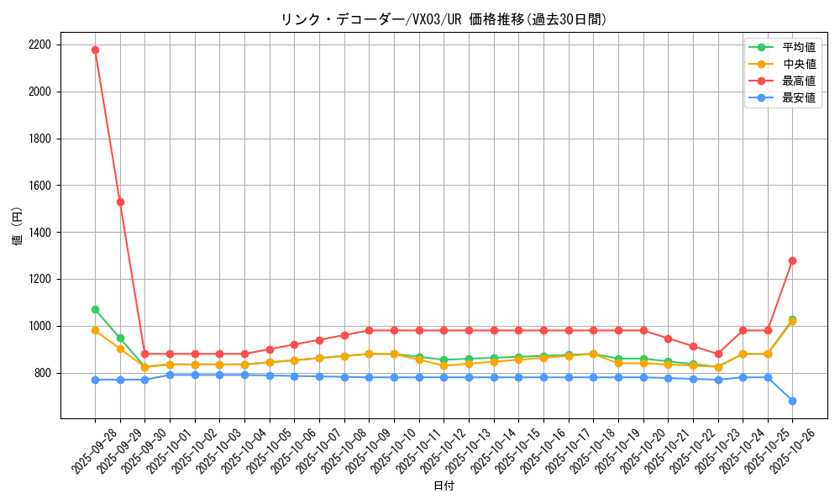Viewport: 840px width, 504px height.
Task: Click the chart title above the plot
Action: coord(444,19)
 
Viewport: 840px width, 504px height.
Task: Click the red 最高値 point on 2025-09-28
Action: coord(95,50)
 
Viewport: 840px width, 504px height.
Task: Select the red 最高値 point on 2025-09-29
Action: coord(120,202)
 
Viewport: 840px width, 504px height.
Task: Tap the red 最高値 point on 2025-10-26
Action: coord(792,260)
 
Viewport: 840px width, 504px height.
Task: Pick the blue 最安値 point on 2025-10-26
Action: coord(792,401)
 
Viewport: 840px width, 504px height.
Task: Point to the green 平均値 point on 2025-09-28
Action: coord(95,309)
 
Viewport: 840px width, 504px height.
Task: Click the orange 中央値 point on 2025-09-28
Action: coord(95,330)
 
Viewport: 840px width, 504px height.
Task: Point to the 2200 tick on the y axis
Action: coord(39,45)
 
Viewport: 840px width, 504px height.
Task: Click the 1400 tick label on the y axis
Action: coord(39,232)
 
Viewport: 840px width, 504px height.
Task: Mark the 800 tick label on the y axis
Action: coord(42,373)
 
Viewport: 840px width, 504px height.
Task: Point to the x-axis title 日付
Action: coord(444,486)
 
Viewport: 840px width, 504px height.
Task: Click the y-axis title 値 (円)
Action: coord(18,227)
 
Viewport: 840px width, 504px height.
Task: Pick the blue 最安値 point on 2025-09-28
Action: coord(95,380)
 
